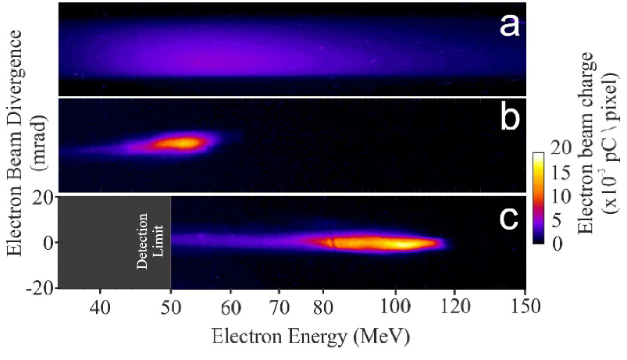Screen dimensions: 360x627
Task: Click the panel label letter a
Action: tap(508, 27)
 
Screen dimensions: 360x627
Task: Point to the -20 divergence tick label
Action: tap(40, 287)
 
